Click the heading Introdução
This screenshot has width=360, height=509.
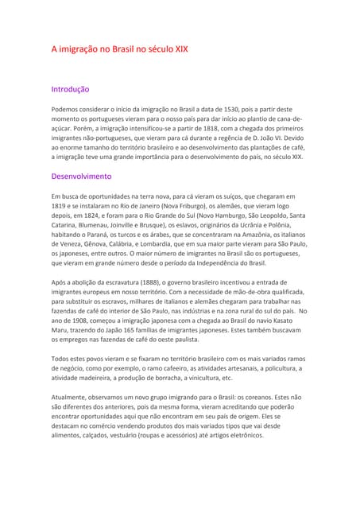point(70,90)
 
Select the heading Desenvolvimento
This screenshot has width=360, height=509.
point(81,176)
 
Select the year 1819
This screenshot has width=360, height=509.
point(59,205)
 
